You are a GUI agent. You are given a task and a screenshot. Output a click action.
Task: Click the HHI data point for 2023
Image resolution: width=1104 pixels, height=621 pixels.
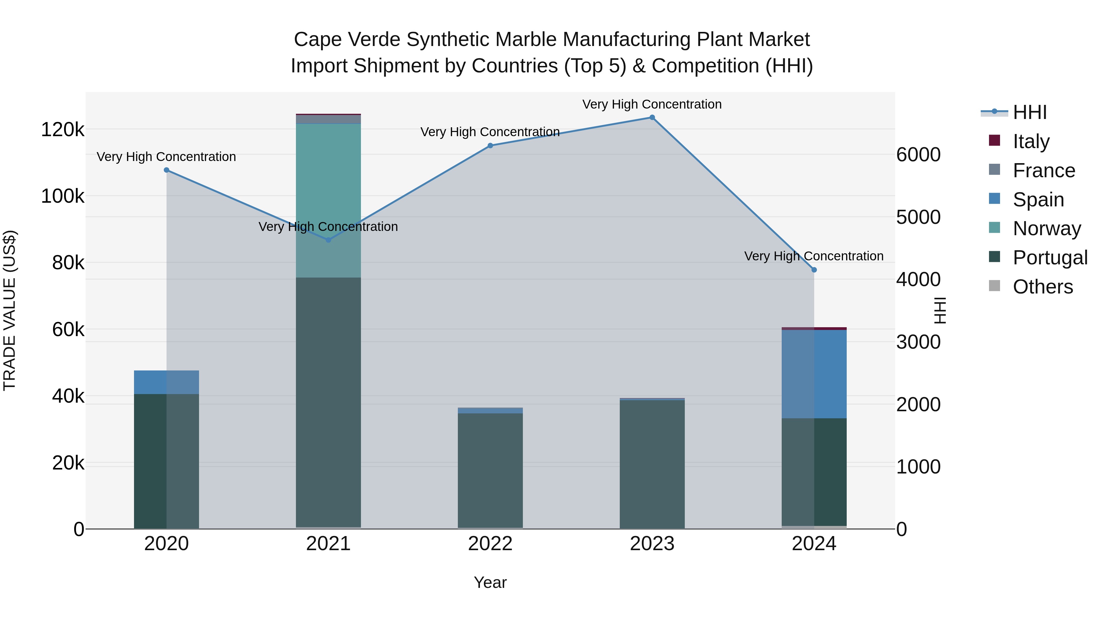click(652, 117)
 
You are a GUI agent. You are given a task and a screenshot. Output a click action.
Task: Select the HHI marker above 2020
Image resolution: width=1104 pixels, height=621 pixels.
click(167, 170)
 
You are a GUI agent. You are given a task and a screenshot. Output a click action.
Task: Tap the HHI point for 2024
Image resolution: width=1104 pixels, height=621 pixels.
click(814, 270)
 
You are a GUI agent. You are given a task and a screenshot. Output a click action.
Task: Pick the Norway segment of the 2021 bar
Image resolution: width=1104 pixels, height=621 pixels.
click(328, 201)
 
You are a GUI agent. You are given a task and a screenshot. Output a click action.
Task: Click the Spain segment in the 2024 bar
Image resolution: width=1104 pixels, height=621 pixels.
click(814, 374)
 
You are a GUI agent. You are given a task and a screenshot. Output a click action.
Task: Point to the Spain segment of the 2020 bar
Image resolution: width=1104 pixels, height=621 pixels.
click(167, 382)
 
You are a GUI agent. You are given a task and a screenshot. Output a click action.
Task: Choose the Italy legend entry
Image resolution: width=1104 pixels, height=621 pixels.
click(1031, 141)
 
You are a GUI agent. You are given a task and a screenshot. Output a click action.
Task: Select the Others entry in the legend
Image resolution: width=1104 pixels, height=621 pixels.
click(1042, 287)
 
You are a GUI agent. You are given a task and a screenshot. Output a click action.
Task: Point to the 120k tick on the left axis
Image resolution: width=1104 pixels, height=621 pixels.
click(63, 129)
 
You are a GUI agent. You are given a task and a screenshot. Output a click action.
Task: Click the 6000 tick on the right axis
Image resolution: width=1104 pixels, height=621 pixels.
click(918, 155)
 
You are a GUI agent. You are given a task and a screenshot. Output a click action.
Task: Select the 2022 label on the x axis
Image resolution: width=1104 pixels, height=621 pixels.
click(490, 544)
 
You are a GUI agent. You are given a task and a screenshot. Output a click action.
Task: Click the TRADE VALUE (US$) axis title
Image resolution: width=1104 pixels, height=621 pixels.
click(10, 310)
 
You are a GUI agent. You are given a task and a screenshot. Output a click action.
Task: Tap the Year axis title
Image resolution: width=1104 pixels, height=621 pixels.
click(490, 582)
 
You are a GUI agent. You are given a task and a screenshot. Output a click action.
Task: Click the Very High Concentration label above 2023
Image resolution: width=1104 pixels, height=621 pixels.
click(652, 104)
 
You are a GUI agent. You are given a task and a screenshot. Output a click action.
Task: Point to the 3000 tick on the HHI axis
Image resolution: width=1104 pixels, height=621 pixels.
click(918, 342)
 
